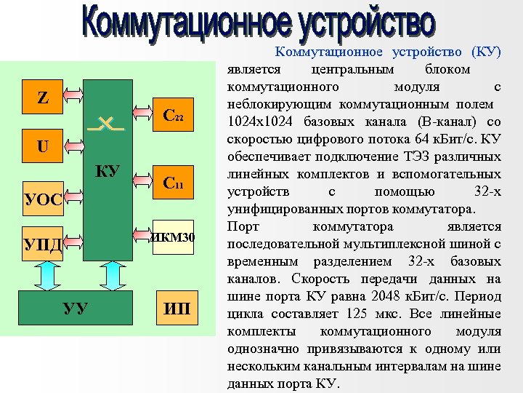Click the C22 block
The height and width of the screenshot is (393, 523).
point(174,115)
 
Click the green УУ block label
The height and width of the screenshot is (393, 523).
point(76,309)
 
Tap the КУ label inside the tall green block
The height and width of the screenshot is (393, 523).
point(108,172)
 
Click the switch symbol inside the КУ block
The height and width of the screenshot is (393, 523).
point(105,124)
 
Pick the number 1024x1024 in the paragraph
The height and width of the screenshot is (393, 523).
point(261,121)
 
